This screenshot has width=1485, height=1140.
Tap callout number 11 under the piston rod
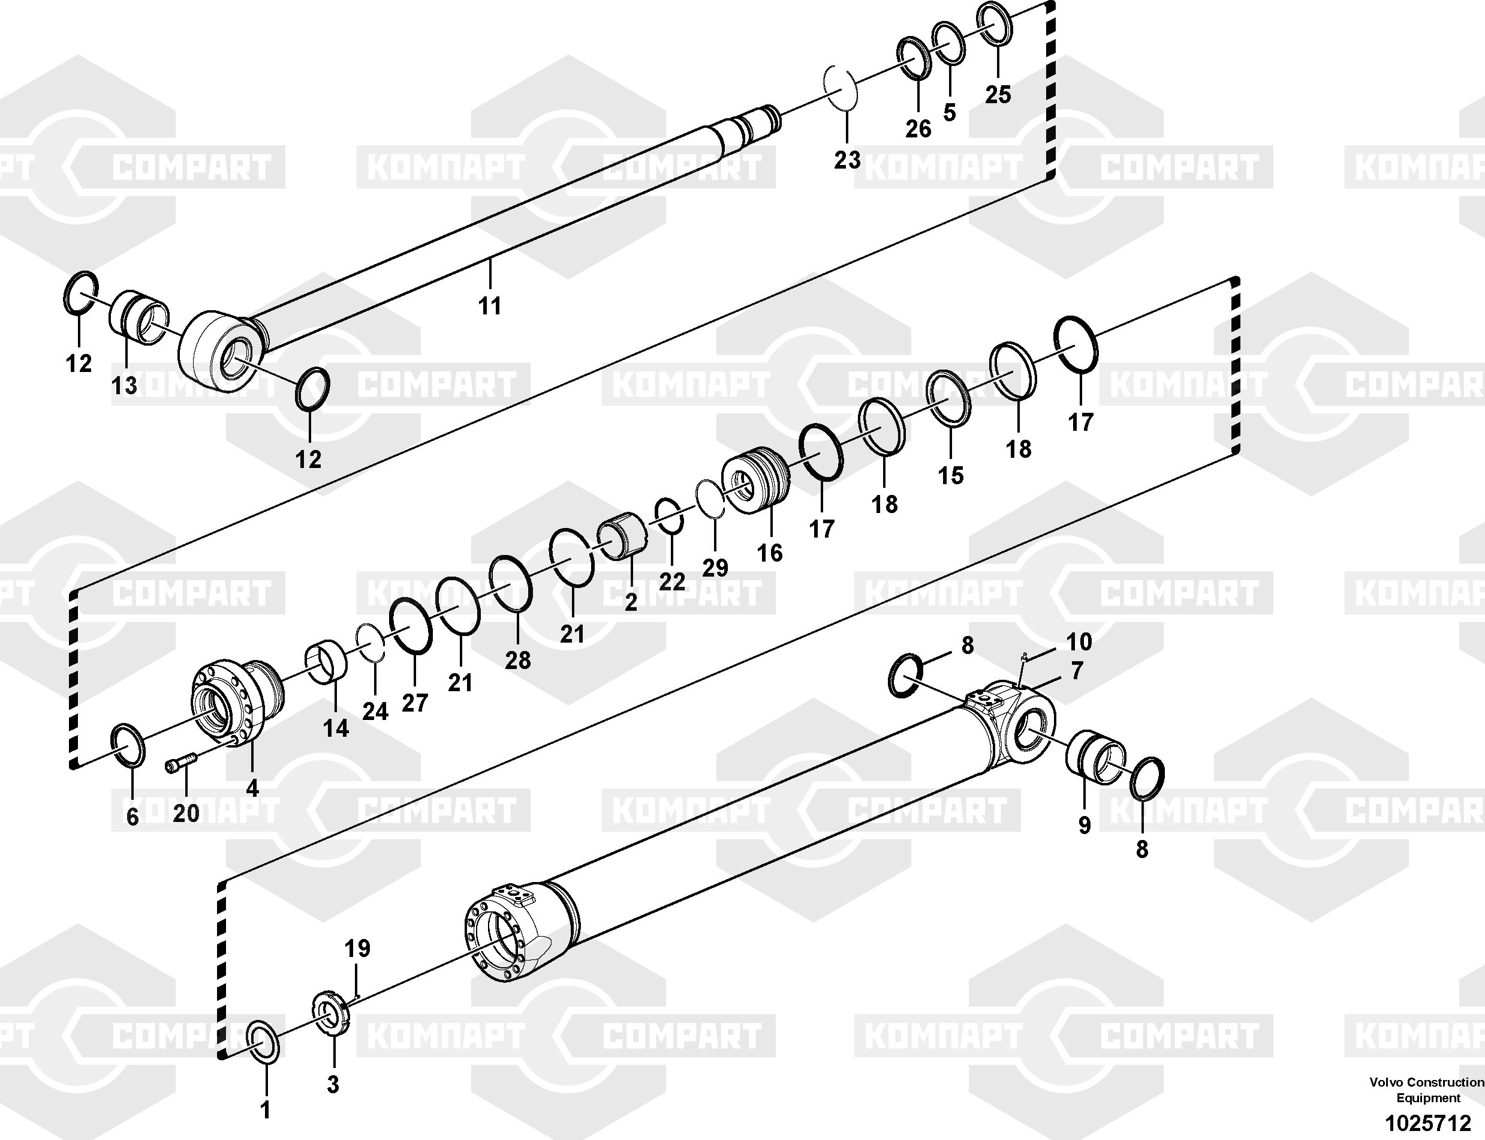pyautogui.click(x=490, y=306)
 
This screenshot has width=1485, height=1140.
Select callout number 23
pyautogui.click(x=847, y=160)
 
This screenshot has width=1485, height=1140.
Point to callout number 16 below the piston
pyautogui.click(x=770, y=553)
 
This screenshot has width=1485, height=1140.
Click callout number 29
pyautogui.click(x=715, y=567)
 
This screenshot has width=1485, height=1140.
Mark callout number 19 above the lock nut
pyautogui.click(x=357, y=948)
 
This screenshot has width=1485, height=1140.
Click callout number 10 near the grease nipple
pyautogui.click(x=1079, y=641)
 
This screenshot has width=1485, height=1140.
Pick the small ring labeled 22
pyautogui.click(x=669, y=517)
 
